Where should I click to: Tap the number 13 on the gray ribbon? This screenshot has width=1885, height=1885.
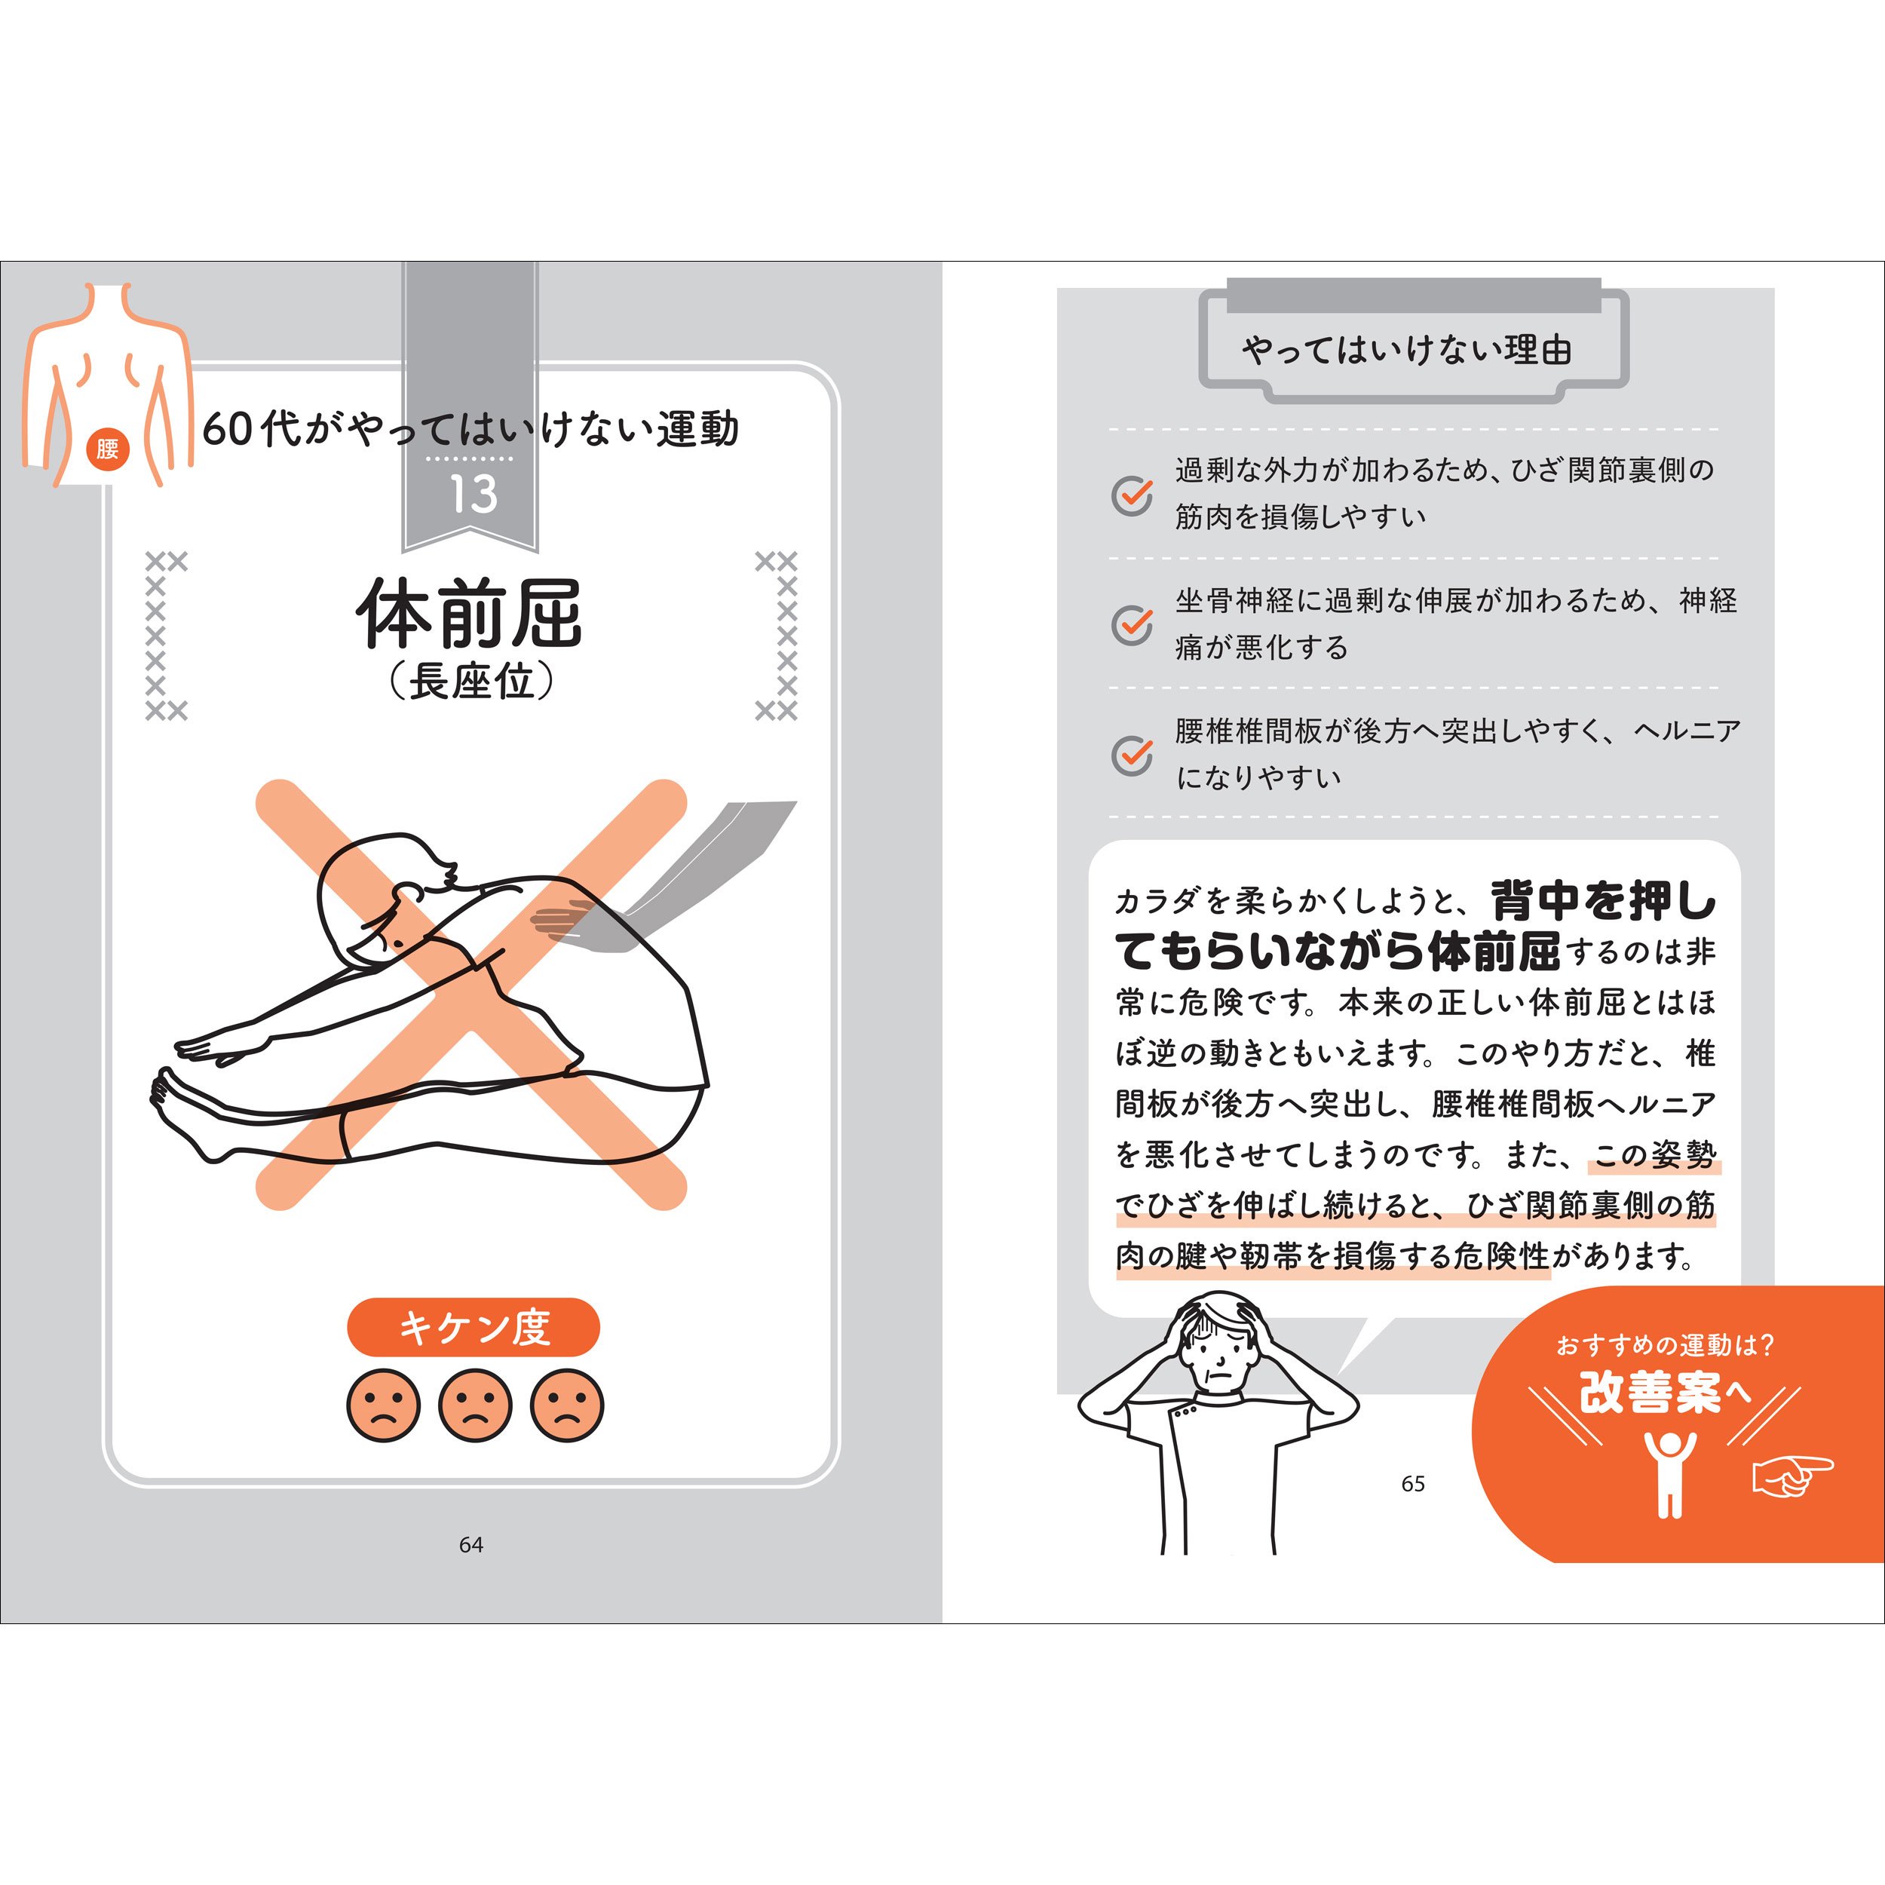[474, 494]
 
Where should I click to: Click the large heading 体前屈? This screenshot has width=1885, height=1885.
[469, 614]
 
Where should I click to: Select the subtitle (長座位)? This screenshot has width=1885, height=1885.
[470, 681]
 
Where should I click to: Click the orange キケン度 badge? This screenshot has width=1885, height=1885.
[474, 1327]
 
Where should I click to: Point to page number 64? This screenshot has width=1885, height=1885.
[471, 1544]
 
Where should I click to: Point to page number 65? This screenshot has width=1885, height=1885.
[1413, 1484]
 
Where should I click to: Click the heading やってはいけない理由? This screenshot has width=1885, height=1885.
[1406, 349]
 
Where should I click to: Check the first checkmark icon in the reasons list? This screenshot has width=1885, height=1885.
[1132, 495]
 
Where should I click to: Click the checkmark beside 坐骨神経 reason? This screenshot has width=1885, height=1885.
[1132, 625]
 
